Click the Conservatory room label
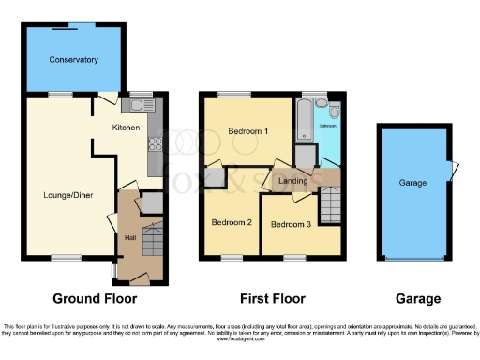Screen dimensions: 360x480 (x=74, y=60)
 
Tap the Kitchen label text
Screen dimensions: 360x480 (x=127, y=127)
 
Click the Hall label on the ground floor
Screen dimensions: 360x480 (x=131, y=237)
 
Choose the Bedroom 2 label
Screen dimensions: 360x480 (x=231, y=222)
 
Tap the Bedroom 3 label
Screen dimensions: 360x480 (x=291, y=225)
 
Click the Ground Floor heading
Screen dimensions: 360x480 (x=95, y=299)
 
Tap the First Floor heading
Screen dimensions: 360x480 (x=271, y=299)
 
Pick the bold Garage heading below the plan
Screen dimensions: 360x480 (x=417, y=299)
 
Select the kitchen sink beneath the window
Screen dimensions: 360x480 (x=143, y=104)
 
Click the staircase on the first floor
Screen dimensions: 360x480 (x=329, y=203)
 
